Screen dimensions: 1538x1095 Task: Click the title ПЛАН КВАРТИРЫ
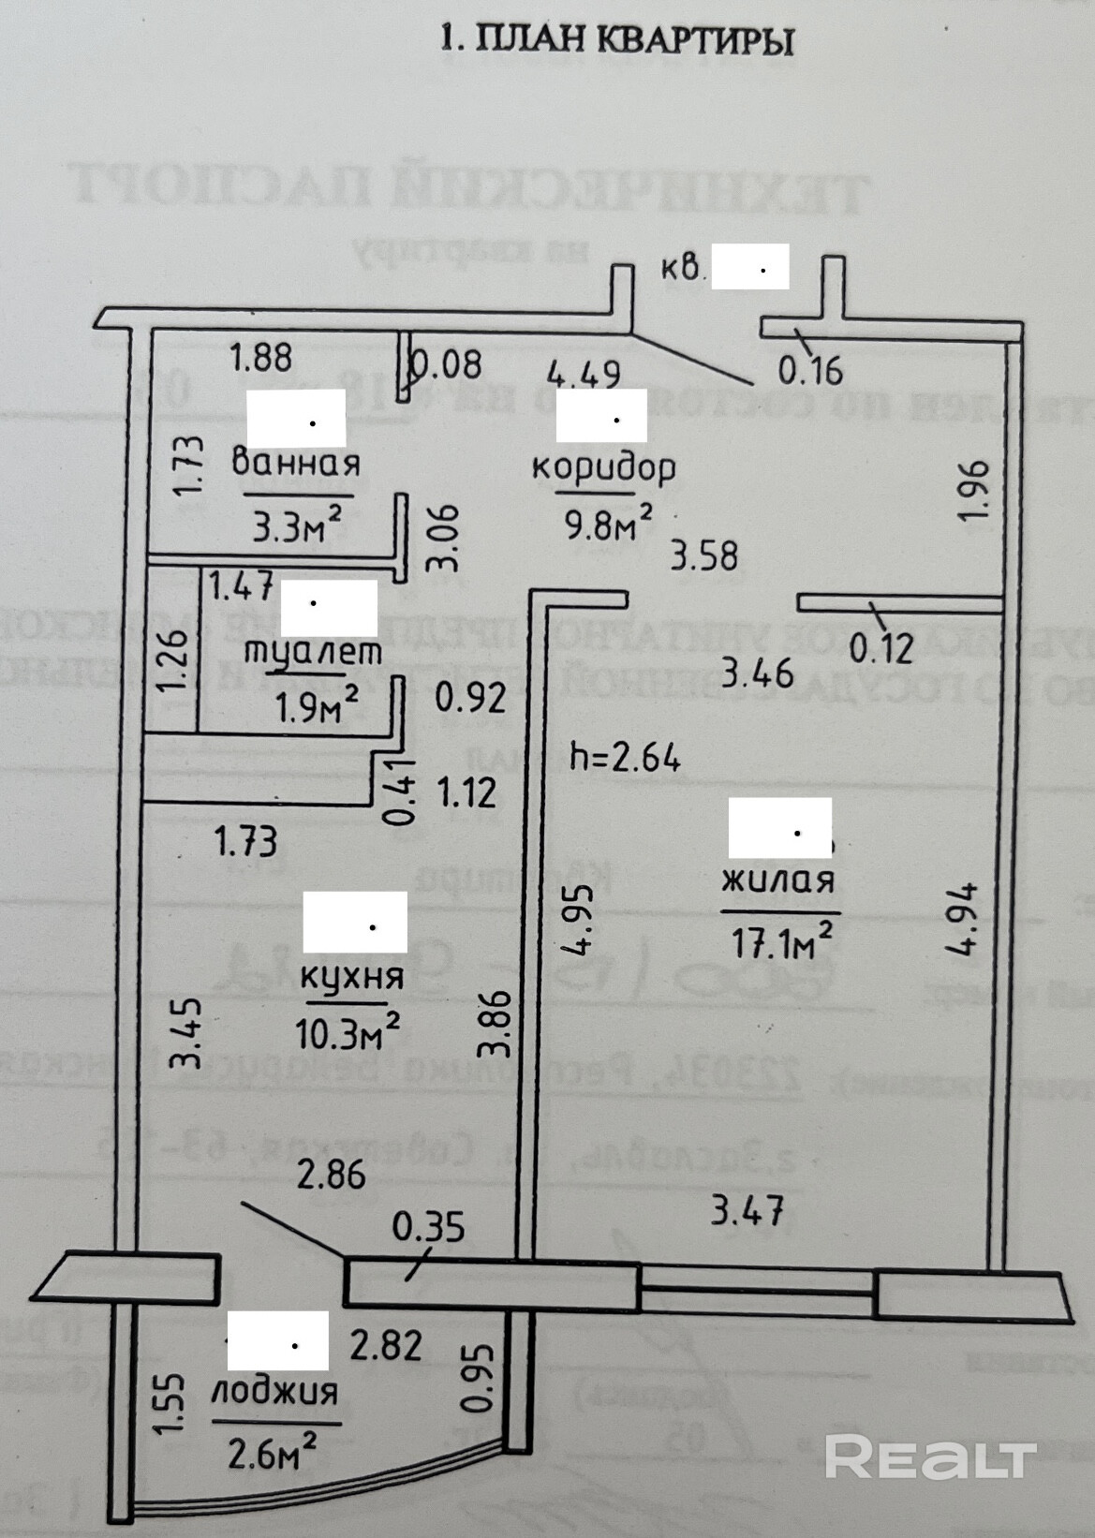(617, 40)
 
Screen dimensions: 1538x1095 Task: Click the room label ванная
(295, 463)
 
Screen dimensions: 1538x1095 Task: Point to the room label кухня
(352, 976)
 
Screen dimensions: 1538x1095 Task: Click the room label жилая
(777, 880)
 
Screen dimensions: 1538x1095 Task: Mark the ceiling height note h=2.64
(625, 756)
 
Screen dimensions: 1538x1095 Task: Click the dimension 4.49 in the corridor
(584, 374)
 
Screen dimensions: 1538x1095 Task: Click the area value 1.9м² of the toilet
(317, 706)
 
